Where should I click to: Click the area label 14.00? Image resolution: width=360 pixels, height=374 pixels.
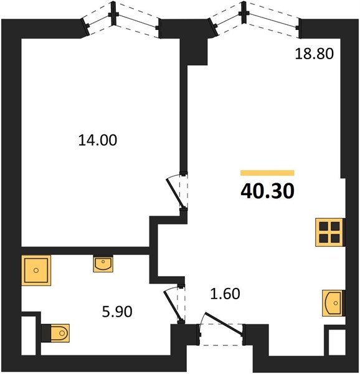click(98, 140)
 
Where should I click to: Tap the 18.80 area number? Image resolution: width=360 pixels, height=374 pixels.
click(315, 54)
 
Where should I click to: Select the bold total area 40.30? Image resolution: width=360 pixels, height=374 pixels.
click(268, 191)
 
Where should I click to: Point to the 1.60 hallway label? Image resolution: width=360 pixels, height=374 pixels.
click(225, 294)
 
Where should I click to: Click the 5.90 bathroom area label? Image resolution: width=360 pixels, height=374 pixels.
click(117, 312)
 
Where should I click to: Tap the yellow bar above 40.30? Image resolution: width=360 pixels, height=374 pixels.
click(267, 173)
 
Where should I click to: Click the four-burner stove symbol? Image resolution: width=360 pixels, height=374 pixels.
click(329, 232)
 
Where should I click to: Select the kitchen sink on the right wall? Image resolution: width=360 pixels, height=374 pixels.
click(333, 303)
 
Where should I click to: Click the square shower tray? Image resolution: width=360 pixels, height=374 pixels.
click(36, 271)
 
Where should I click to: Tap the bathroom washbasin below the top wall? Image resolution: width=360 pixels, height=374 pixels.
click(103, 263)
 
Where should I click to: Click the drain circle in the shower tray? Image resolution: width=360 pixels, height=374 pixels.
click(36, 271)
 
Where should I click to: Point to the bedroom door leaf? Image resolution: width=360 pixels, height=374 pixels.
click(176, 194)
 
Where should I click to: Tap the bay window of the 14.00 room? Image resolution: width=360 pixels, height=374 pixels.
click(121, 20)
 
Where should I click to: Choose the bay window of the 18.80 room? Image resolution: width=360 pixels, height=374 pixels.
click(255, 19)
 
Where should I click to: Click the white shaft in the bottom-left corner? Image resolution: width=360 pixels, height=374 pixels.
click(29, 335)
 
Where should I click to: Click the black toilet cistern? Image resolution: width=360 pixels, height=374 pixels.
click(46, 333)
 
